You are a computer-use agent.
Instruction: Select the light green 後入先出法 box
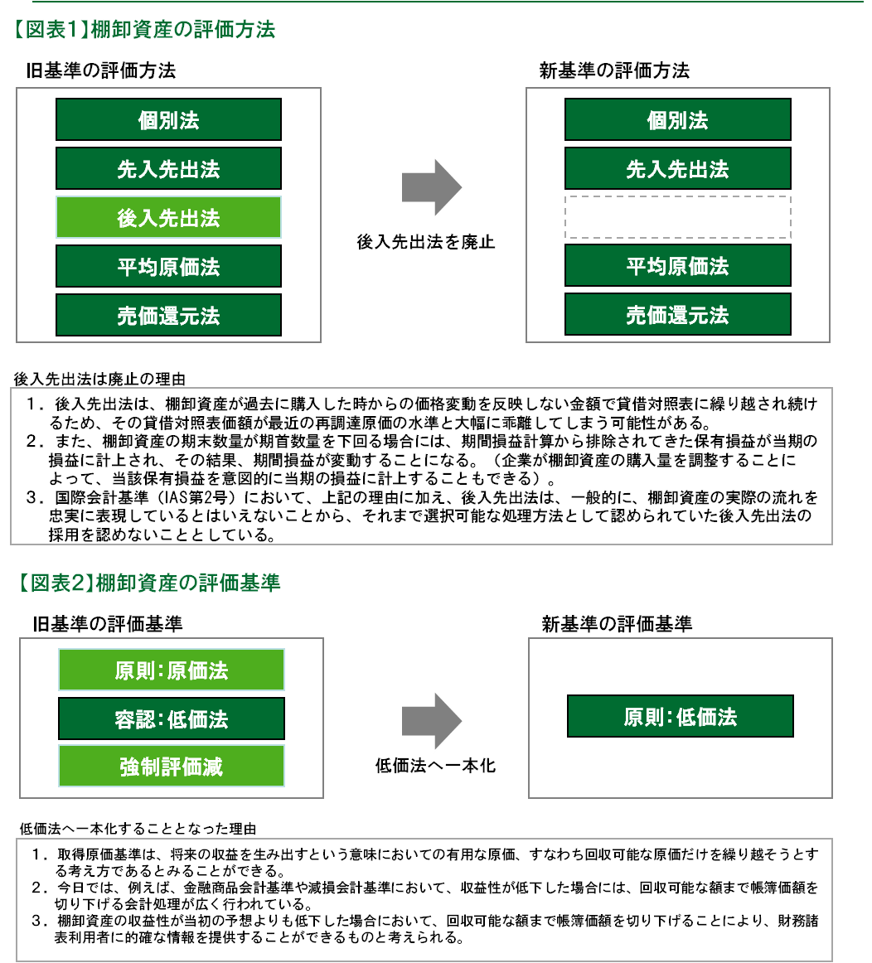(x=168, y=218)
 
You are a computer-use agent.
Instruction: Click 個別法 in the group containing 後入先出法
(x=168, y=120)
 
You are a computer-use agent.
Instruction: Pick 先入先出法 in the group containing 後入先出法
(x=168, y=169)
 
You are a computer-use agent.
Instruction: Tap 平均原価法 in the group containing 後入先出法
(x=168, y=267)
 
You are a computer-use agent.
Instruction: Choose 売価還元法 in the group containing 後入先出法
(x=168, y=316)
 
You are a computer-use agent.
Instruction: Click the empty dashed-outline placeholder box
(x=677, y=217)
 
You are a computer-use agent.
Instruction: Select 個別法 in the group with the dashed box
(x=677, y=120)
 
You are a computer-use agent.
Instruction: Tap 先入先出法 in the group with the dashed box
(x=677, y=169)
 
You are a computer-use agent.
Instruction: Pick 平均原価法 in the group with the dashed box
(x=677, y=266)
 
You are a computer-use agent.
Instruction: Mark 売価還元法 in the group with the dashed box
(x=677, y=315)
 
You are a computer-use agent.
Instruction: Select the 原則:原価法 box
(x=171, y=670)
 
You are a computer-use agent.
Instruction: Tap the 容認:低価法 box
(x=171, y=719)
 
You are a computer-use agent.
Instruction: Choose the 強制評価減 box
(x=171, y=767)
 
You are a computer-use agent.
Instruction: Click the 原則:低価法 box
(x=680, y=717)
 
